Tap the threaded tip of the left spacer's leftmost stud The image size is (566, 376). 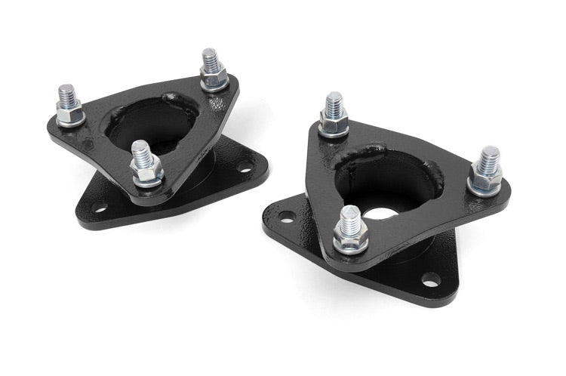point(66,92)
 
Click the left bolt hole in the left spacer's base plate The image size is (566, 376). point(98,205)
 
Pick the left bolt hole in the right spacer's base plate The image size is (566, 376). point(285,217)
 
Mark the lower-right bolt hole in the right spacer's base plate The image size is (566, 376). point(430,280)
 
